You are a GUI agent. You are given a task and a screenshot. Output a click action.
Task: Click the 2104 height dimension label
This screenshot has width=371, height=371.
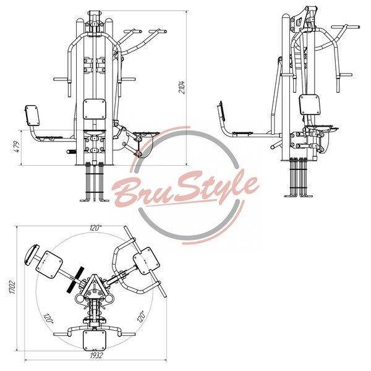[x=182, y=87]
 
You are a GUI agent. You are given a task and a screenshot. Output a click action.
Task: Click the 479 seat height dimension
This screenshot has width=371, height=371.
[x=17, y=147]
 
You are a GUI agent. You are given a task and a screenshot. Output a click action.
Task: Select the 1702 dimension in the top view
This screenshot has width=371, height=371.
[x=12, y=288]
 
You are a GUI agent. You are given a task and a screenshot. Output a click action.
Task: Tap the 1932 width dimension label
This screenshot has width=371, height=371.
[x=96, y=356]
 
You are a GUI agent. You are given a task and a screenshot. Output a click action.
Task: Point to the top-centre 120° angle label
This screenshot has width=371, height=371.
[x=96, y=228]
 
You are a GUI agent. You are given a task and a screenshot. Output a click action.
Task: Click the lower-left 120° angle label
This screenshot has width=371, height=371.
[x=48, y=318]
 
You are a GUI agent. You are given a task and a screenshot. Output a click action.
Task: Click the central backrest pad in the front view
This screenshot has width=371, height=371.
[x=95, y=109]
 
